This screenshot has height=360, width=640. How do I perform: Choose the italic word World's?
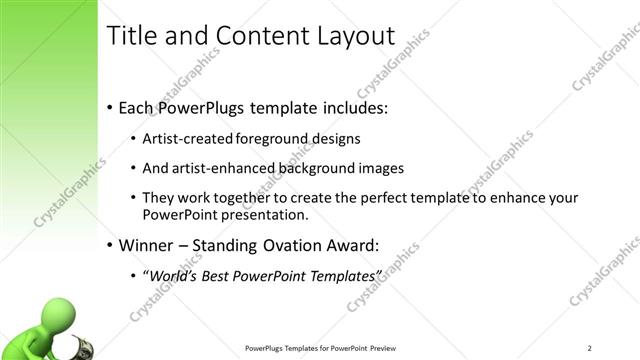(x=176, y=275)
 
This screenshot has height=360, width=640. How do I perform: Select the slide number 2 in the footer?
(x=590, y=347)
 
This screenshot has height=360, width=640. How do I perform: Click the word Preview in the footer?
(x=389, y=348)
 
